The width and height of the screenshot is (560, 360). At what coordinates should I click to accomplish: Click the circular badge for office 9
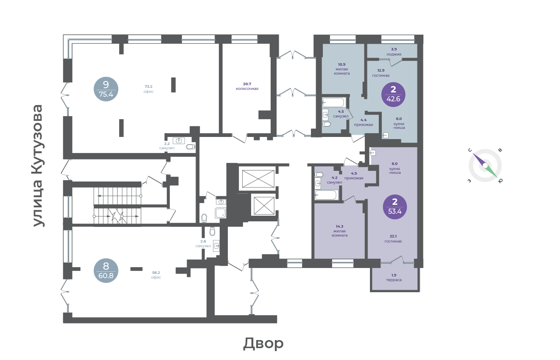click(106, 89)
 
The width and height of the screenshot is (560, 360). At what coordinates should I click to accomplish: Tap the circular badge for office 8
click(106, 271)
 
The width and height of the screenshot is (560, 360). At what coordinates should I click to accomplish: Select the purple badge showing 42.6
click(393, 95)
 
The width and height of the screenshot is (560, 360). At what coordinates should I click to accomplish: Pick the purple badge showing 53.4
click(395, 207)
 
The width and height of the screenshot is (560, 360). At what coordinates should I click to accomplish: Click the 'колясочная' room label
click(247, 87)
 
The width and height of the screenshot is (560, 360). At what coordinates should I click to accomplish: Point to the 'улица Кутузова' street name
click(38, 166)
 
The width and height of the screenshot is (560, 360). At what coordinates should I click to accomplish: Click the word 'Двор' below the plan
click(263, 343)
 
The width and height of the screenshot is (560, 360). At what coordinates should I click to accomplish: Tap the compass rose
click(485, 165)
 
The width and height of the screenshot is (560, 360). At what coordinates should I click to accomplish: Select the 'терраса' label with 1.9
click(394, 278)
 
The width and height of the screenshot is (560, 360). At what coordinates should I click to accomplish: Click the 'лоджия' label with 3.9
click(394, 52)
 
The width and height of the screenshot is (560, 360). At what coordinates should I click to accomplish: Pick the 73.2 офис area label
click(148, 89)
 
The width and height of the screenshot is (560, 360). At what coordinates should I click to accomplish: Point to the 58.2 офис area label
click(156, 275)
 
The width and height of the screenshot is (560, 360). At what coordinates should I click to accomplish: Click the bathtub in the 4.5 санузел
click(334, 103)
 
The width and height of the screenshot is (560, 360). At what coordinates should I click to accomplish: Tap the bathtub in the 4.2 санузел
click(327, 195)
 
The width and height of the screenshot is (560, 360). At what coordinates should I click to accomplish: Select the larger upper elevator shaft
click(258, 179)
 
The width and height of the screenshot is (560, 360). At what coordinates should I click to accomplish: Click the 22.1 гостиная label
click(393, 239)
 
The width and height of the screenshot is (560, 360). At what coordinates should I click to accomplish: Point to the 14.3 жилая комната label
click(339, 231)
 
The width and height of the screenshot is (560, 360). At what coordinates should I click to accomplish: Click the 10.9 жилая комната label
click(342, 69)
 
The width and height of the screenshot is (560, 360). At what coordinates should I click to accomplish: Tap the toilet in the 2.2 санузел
click(190, 147)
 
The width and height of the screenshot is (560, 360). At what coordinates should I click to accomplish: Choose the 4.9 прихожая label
click(354, 176)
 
